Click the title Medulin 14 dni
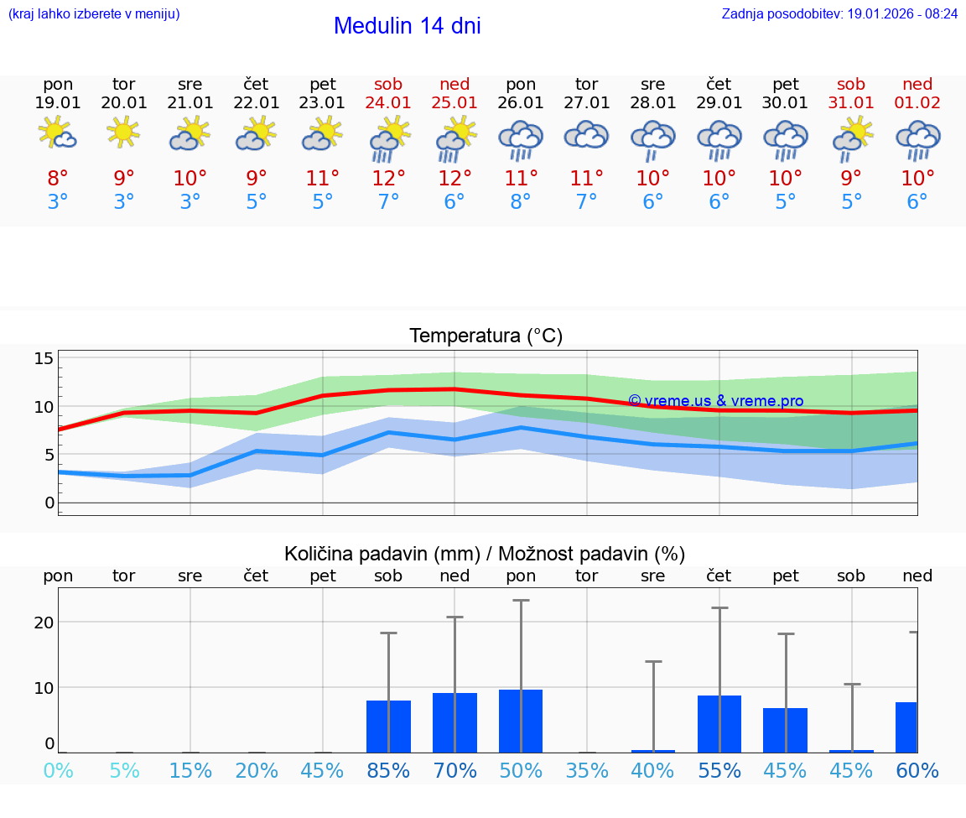407,26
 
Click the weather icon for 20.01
124,132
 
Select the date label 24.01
388,103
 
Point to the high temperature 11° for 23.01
323,179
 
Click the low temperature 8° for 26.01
521,202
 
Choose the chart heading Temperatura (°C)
486,336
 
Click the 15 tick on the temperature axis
44,359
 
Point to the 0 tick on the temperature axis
49,503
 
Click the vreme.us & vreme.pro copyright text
715,401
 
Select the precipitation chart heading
485,554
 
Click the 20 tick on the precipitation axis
44,622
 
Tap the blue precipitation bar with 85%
388,727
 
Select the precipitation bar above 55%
719,724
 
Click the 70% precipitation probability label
454,771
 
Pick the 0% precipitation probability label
58,771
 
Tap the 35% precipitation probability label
587,771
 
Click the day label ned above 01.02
917,84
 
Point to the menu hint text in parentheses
94,14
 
